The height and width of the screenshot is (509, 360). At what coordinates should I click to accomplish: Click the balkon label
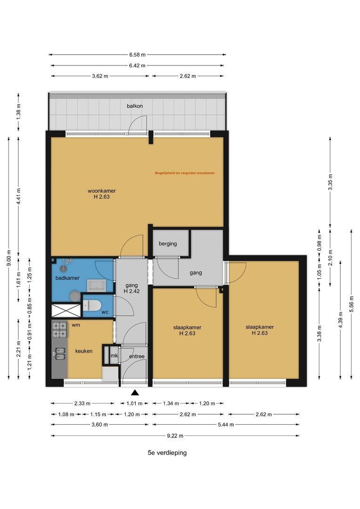135,106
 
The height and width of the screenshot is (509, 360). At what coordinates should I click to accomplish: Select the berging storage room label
168,244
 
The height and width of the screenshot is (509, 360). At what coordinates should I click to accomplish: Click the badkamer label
67,278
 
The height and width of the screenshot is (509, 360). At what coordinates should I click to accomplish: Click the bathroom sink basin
96,286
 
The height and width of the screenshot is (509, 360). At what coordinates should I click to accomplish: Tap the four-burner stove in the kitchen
60,329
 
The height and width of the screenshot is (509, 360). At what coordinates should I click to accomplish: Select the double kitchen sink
59,353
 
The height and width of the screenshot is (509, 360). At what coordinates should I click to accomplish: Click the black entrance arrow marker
135,393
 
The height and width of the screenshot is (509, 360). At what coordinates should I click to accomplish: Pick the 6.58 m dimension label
137,55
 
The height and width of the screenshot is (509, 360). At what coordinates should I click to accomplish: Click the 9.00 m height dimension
9,258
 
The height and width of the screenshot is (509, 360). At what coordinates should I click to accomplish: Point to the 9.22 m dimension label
175,435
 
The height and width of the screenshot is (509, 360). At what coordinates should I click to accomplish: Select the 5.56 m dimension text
351,304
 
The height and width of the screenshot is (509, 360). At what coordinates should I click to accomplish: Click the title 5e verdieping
167,452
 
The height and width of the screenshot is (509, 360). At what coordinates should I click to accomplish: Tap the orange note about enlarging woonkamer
185,173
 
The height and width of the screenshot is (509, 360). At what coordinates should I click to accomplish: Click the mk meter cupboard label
114,356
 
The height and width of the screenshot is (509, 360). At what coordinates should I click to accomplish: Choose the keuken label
84,351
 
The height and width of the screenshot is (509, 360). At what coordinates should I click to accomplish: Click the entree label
137,356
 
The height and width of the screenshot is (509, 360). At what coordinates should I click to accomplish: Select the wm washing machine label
76,325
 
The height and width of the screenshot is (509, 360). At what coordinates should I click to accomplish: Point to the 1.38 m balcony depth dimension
18,111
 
